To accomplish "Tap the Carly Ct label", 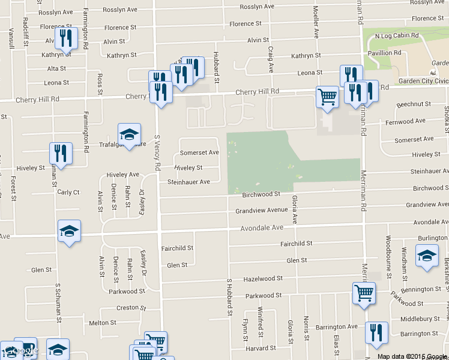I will click(68, 193).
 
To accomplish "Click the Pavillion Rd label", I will click(384, 53).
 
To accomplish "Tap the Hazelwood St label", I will click(263, 279).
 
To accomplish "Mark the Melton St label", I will click(102, 323).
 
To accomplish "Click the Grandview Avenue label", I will click(261, 211).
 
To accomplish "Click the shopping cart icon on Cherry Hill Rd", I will click(327, 97).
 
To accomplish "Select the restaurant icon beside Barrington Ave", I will click(376, 333).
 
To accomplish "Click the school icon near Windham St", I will click(427, 255).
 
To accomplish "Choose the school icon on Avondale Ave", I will click(69, 231).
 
